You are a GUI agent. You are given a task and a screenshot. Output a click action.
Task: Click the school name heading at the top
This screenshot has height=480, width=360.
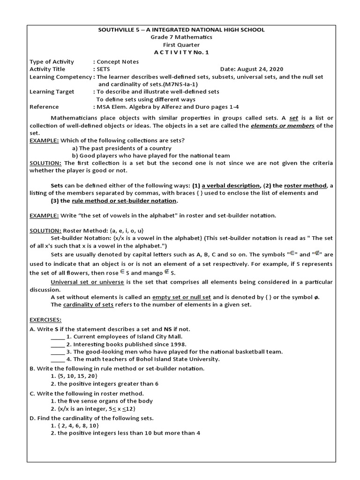pyautogui.click(x=181, y=30)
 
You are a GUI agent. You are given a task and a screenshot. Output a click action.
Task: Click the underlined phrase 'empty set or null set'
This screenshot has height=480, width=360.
pyautogui.click(x=181, y=297)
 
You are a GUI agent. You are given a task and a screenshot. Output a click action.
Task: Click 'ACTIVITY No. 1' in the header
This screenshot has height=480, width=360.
pyautogui.click(x=181, y=52)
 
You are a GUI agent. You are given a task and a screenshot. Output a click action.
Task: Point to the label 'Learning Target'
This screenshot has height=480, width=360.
pyautogui.click(x=52, y=91)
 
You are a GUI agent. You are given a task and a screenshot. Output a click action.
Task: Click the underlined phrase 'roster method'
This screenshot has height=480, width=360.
pyautogui.click(x=307, y=186)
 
